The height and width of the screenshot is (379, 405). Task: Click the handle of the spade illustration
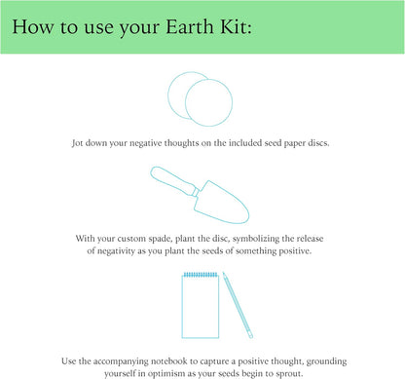(x=175, y=180)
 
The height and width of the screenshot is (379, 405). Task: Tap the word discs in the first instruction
(x=314, y=141)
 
